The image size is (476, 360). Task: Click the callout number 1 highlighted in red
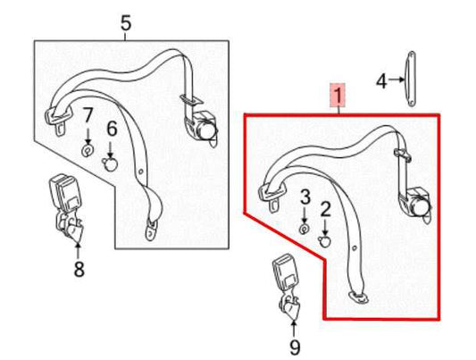click(338, 94)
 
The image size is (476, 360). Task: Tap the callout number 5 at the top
click(125, 23)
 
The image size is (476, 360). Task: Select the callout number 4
click(380, 81)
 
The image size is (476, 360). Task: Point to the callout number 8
click(79, 267)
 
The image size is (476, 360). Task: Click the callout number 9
click(295, 346)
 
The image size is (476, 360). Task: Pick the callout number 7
click(88, 114)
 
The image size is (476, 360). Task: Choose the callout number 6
click(112, 129)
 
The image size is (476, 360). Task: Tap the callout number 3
click(304, 196)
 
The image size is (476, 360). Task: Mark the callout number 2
click(326, 210)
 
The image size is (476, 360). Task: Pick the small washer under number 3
click(304, 229)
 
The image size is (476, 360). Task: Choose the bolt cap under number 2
click(326, 240)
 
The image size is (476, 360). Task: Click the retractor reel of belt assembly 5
click(205, 127)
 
